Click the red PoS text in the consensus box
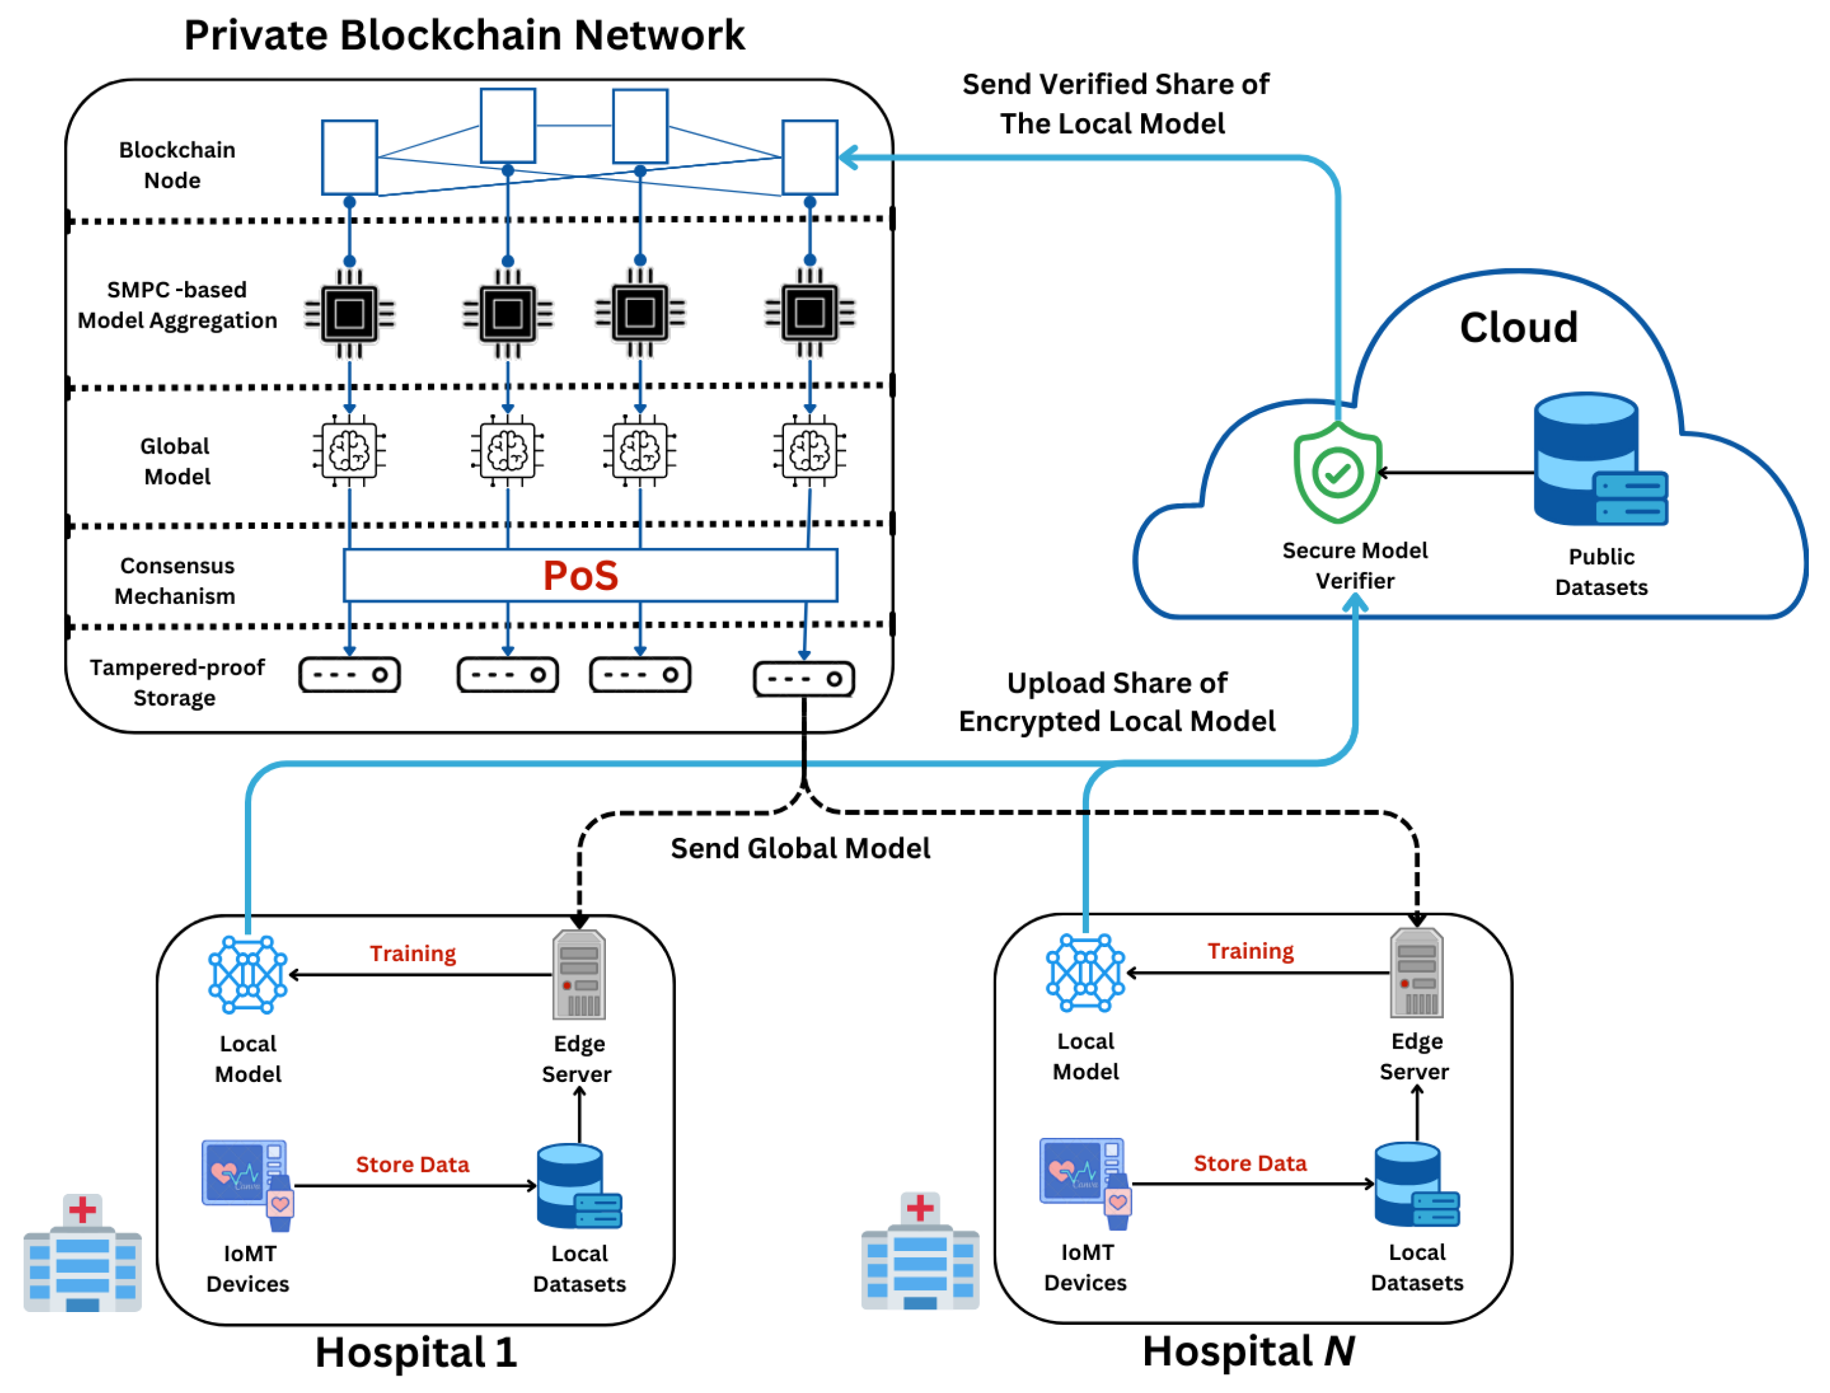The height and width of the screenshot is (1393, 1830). coord(580,576)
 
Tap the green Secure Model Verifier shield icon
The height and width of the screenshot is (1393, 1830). coord(1337,473)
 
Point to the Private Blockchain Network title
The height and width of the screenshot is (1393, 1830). coord(465,35)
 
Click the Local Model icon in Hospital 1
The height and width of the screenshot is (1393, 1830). coord(247,974)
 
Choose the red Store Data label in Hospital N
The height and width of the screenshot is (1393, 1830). coord(1250,1164)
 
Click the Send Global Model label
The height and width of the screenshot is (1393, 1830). coord(800,848)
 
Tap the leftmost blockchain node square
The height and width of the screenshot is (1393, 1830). coord(349,157)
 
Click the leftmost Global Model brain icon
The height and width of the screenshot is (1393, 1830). coord(349,451)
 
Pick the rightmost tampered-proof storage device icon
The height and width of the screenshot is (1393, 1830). coord(803,679)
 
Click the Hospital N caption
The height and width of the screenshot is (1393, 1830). coord(1248,1351)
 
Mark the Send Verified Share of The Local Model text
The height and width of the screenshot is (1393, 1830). coord(1114,103)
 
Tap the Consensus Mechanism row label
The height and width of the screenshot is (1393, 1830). coord(176,580)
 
